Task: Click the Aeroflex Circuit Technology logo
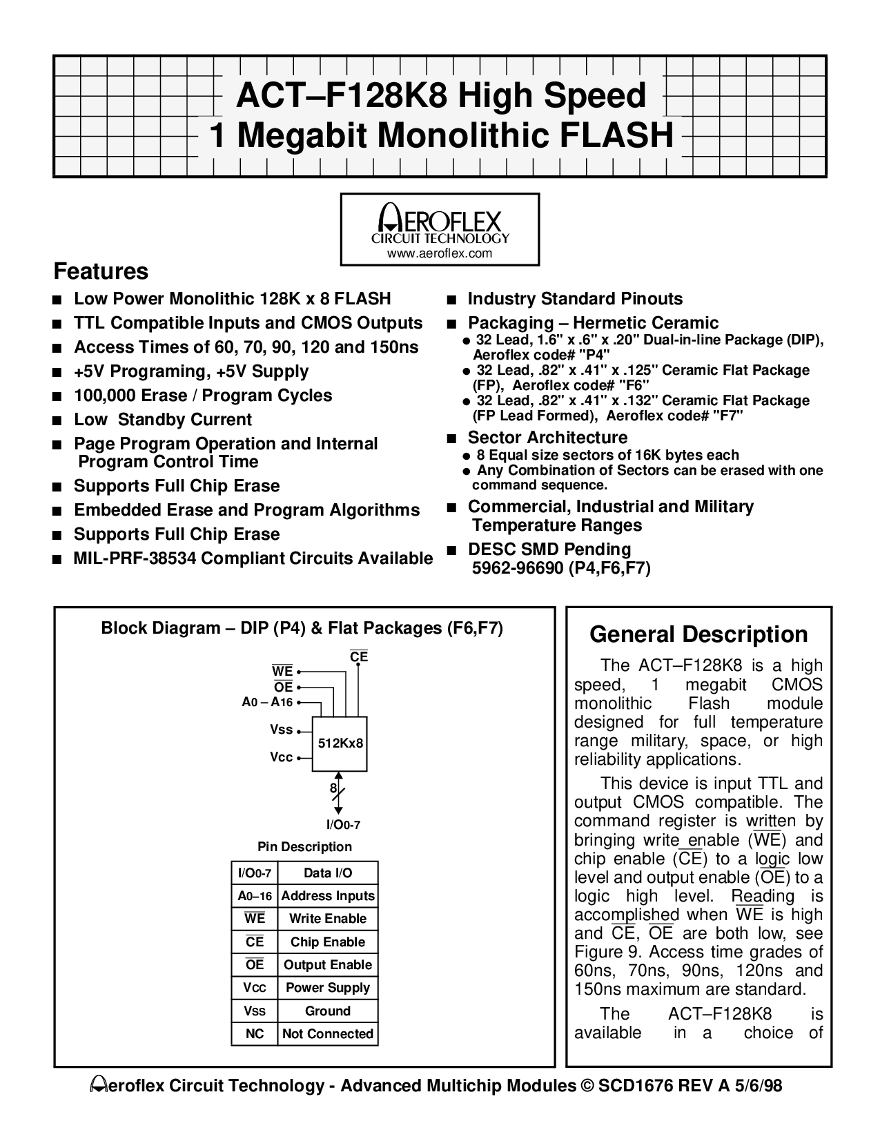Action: pyautogui.click(x=440, y=224)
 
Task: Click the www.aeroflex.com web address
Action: pyautogui.click(x=440, y=253)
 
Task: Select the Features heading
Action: pyautogui.click(x=101, y=271)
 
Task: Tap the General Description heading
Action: pyautogui.click(x=698, y=634)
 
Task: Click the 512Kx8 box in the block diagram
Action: pyautogui.click(x=340, y=743)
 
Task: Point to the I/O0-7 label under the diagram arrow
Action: pyautogui.click(x=343, y=824)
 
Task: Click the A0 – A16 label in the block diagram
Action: pyautogui.click(x=267, y=702)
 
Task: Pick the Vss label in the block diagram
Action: pyautogui.click(x=282, y=730)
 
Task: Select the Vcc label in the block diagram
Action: pyautogui.click(x=282, y=757)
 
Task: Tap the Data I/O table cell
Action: pyautogui.click(x=328, y=873)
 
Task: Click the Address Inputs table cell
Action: pyautogui.click(x=328, y=896)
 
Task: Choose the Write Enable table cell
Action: pyautogui.click(x=328, y=919)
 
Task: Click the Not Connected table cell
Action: pyautogui.click(x=328, y=1034)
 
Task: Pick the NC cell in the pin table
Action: pyautogui.click(x=255, y=1034)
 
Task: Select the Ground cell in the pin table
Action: pyautogui.click(x=328, y=1011)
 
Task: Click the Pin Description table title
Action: pyautogui.click(x=304, y=847)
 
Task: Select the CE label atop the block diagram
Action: pyautogui.click(x=359, y=657)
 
